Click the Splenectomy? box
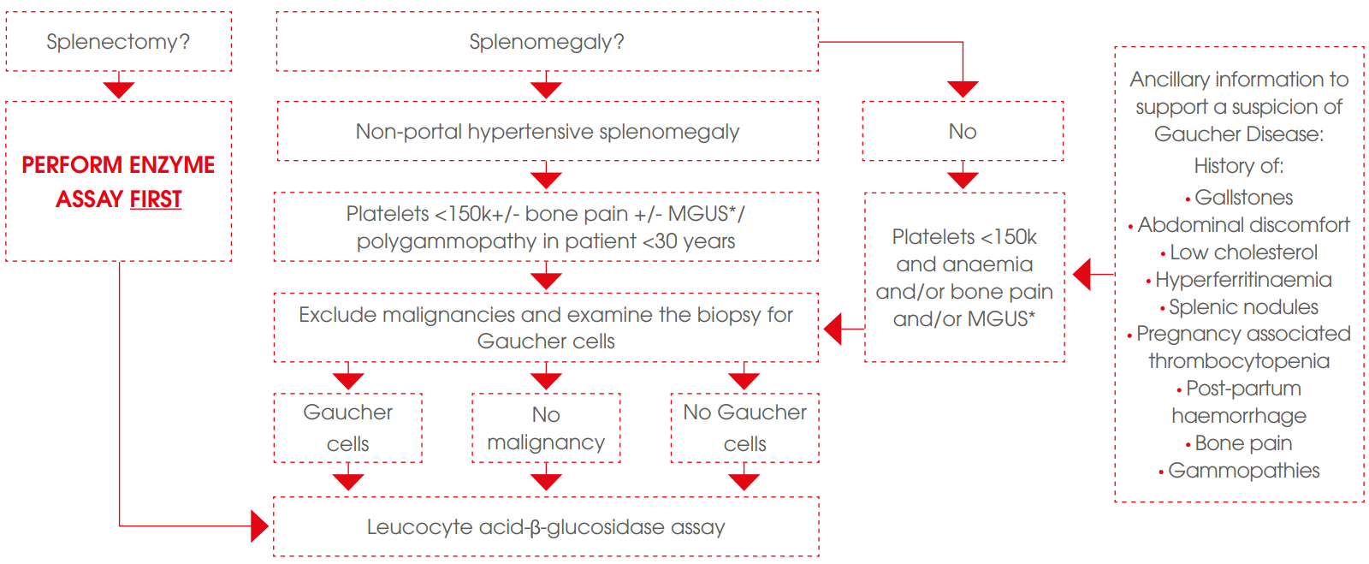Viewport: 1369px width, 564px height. [x=118, y=42]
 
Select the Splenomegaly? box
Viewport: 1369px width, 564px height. [x=547, y=42]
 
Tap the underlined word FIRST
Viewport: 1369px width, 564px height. [x=156, y=199]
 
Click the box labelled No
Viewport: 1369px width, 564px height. [x=963, y=132]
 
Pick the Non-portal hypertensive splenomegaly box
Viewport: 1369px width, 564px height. [x=547, y=132]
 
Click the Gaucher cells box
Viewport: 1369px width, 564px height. [x=347, y=428]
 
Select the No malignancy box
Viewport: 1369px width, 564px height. [x=546, y=428]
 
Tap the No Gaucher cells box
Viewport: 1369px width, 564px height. [x=744, y=428]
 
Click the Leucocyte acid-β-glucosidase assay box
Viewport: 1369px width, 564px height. [x=546, y=527]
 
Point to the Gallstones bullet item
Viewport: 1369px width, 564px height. [x=1242, y=198]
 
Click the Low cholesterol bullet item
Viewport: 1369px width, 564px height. [x=1242, y=252]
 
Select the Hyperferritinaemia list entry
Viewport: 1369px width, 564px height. [x=1242, y=280]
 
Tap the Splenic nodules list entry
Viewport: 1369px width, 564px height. [x=1242, y=307]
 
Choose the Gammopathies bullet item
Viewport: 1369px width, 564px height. [x=1242, y=471]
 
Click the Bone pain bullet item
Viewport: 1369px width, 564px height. [x=1242, y=443]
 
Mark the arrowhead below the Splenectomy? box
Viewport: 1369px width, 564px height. [x=119, y=89]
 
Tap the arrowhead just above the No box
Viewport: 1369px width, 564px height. [x=963, y=89]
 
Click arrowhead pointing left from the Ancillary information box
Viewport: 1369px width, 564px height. [x=1082, y=275]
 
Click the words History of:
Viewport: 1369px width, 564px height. [x=1238, y=166]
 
